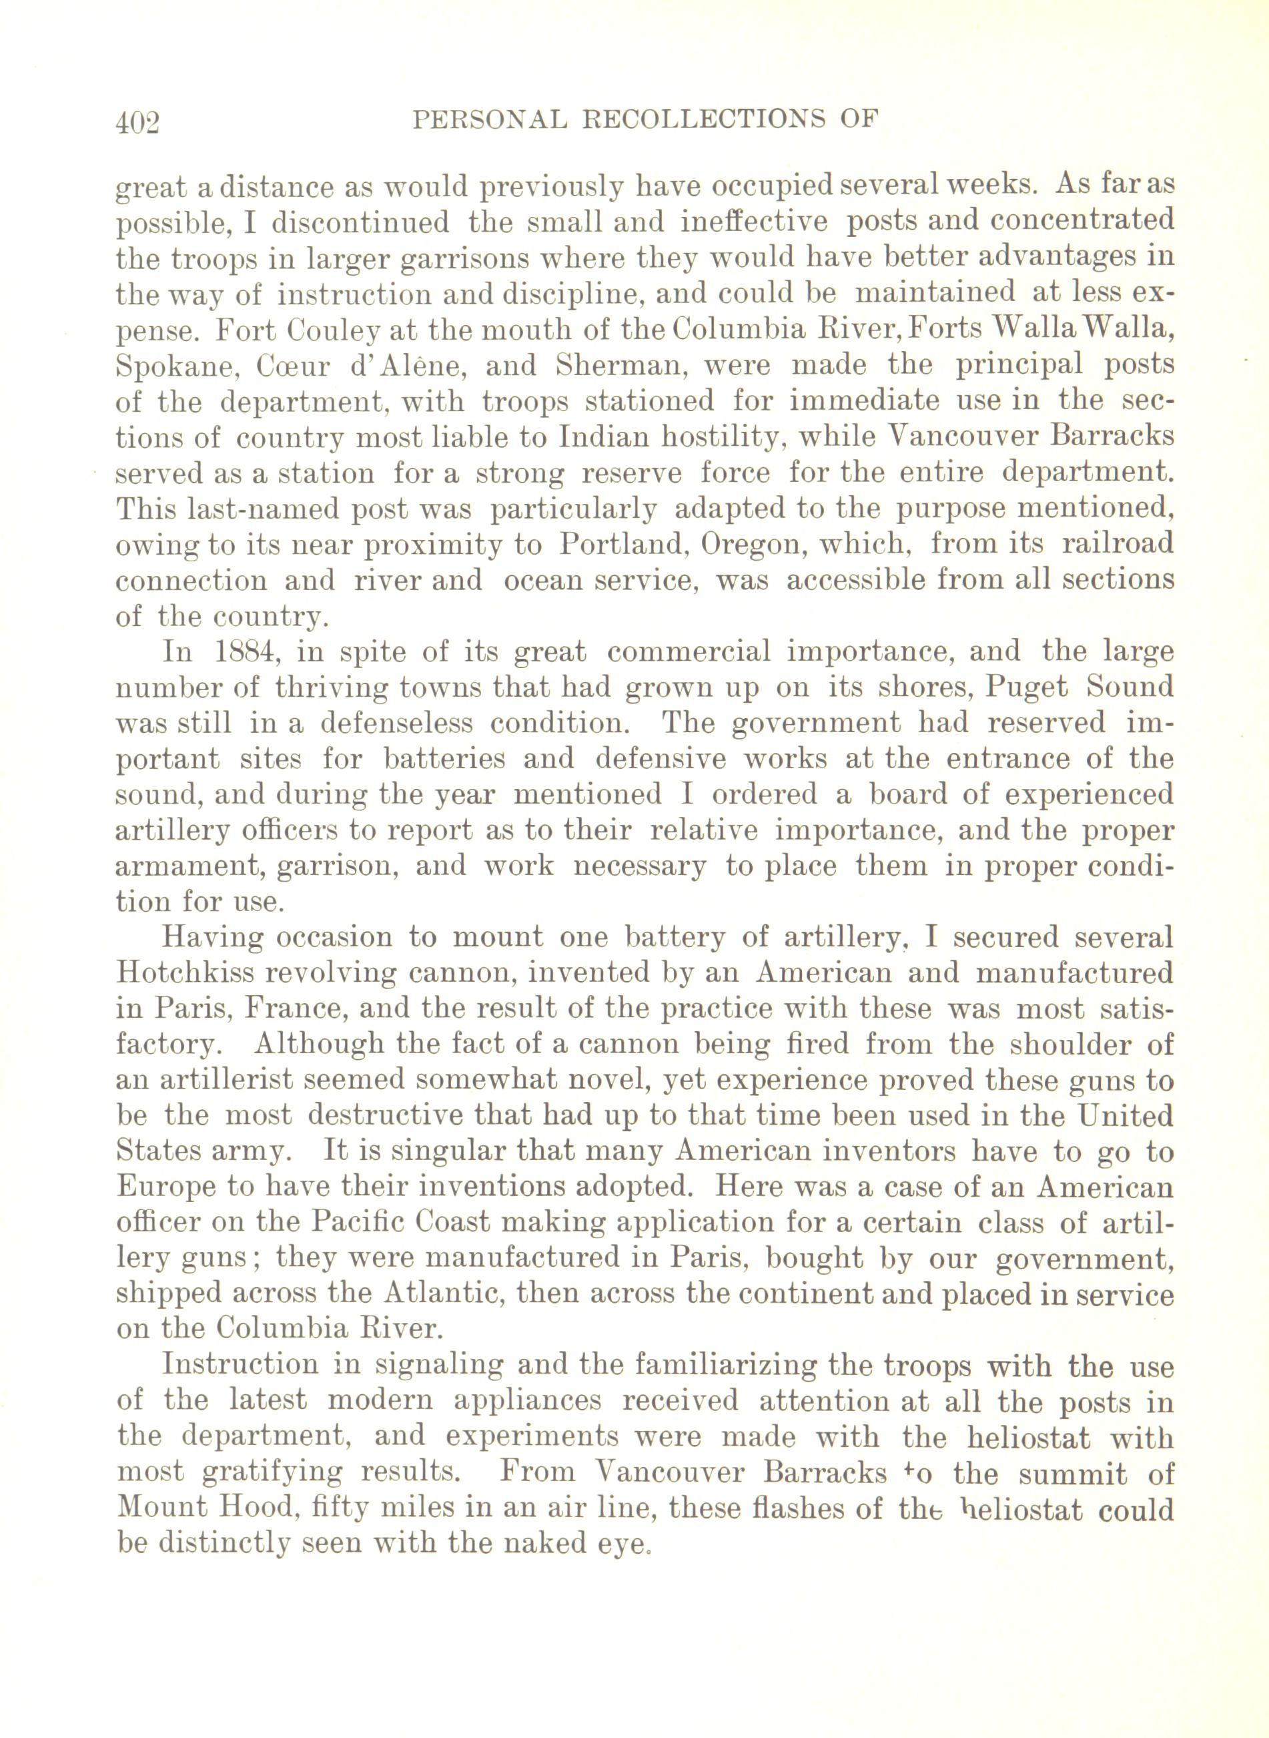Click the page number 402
(137, 122)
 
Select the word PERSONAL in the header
(489, 120)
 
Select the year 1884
(240, 652)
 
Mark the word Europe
(163, 1187)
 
